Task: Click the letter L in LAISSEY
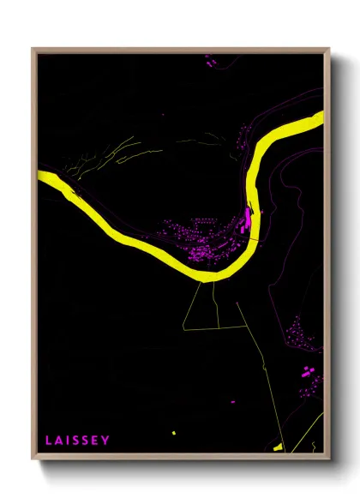pyautogui.click(x=49, y=441)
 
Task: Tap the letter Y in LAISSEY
pyautogui.click(x=105, y=441)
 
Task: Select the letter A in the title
pyautogui.click(x=58, y=441)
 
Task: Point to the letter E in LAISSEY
pyautogui.click(x=95, y=441)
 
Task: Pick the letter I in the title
pyautogui.click(x=67, y=441)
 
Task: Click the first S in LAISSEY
pyautogui.click(x=75, y=441)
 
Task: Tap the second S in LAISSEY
pyautogui.click(x=85, y=441)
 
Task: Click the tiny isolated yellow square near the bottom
pyautogui.click(x=173, y=433)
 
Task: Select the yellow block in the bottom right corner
pyautogui.click(x=278, y=447)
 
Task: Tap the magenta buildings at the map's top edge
pyautogui.click(x=208, y=59)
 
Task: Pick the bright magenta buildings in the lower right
pyautogui.click(x=307, y=375)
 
